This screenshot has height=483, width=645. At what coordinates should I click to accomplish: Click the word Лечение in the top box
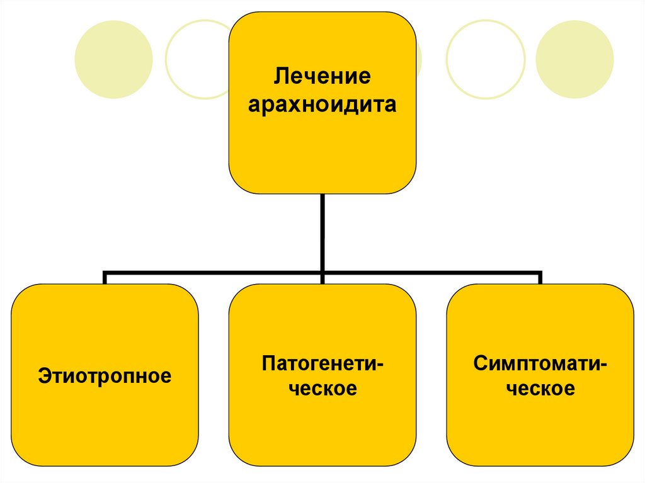tap(322, 78)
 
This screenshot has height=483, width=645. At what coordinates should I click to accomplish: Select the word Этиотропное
tap(105, 377)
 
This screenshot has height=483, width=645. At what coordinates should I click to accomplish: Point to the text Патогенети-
tap(322, 363)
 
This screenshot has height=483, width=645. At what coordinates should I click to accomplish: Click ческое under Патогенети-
tap(322, 389)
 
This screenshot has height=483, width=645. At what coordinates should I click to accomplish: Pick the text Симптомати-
tap(540, 363)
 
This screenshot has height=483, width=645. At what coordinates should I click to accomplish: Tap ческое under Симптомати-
tap(540, 389)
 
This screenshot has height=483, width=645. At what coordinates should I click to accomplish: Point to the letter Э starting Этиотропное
tap(43, 377)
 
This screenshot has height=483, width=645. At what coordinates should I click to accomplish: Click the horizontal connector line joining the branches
tap(214, 274)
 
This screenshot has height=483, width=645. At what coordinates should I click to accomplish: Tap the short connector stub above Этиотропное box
tap(105, 279)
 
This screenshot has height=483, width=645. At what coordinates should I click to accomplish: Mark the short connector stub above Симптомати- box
tap(540, 279)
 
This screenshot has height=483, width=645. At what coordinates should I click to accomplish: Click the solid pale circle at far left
tap(113, 59)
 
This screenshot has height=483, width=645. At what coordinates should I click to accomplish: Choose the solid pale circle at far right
tap(574, 59)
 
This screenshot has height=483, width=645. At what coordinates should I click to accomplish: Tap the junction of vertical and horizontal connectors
tap(322, 274)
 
